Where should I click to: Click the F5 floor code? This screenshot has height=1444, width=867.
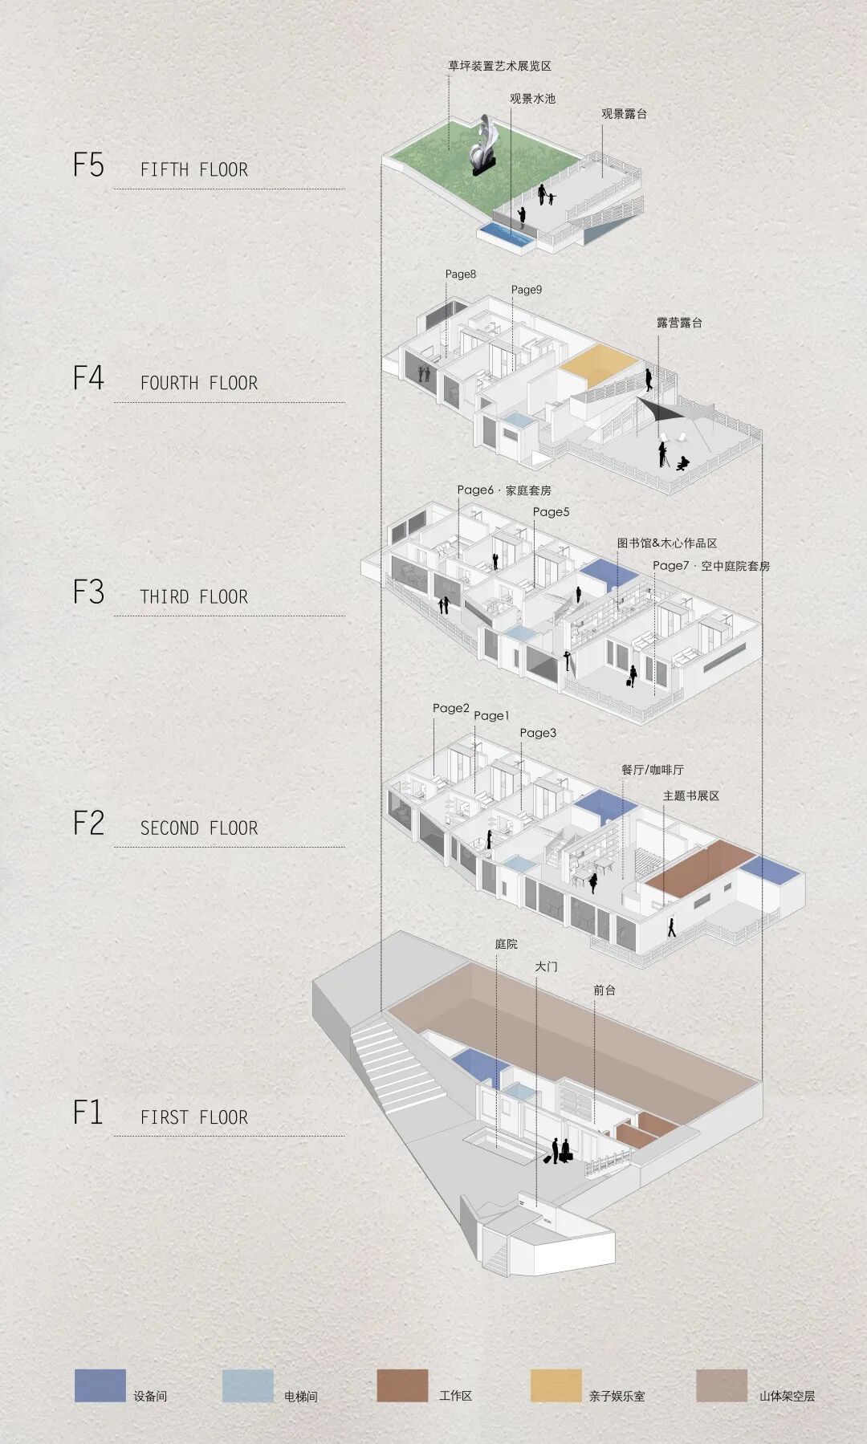(88, 165)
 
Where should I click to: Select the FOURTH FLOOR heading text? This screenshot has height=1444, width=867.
(198, 383)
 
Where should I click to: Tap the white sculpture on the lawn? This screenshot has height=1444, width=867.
(483, 144)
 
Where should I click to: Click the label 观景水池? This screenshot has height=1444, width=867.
(532, 99)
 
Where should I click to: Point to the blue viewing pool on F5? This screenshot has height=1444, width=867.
(507, 234)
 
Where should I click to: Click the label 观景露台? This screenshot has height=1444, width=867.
(624, 114)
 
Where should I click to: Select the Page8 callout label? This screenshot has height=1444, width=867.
(461, 274)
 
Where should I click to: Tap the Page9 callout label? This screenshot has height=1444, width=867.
(527, 290)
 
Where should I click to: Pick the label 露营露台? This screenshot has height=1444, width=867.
(679, 323)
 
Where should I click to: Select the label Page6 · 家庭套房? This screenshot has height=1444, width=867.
(504, 490)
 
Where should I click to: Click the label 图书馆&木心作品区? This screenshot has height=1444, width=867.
(666, 543)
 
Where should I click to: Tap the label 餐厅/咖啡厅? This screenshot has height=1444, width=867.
(652, 770)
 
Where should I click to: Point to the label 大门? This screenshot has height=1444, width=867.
(546, 966)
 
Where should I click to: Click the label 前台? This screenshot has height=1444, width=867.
(604, 990)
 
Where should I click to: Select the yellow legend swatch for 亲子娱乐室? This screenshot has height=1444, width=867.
(556, 1385)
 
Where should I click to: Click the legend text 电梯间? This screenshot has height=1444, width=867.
(300, 1396)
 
